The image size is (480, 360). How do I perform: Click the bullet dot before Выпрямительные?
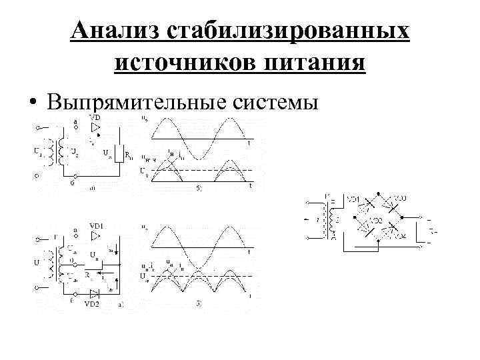pos(31,104)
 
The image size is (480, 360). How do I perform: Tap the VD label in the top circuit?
pos(95,118)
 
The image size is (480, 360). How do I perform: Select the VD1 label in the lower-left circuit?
pos(97,227)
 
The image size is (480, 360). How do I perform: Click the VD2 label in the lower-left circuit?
pos(93,303)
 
